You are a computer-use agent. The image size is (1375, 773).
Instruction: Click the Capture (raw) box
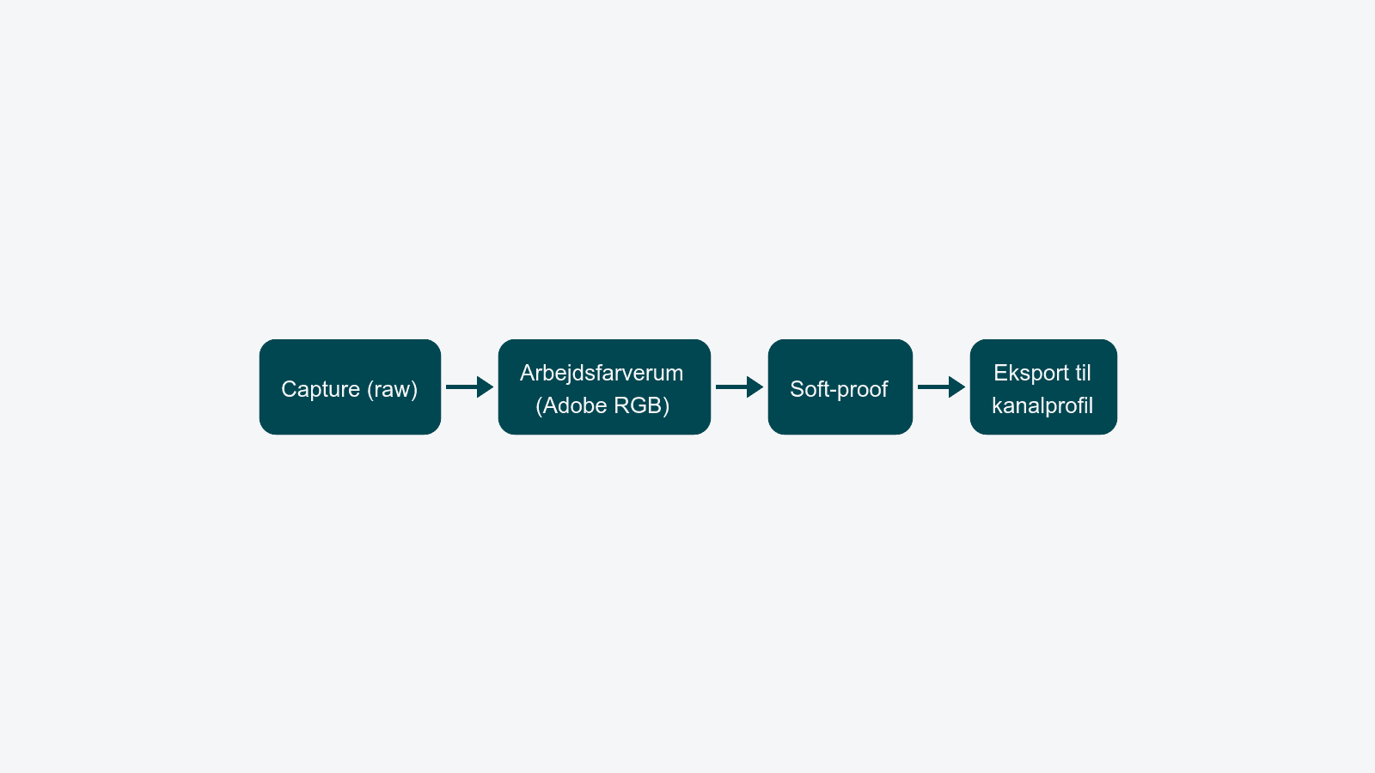(x=350, y=387)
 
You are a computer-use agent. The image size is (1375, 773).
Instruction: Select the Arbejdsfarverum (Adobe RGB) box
(x=604, y=387)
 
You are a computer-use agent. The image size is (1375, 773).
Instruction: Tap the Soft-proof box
(x=840, y=387)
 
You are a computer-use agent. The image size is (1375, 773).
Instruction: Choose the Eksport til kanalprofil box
(x=1043, y=387)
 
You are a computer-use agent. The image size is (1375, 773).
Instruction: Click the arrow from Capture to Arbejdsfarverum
(x=469, y=387)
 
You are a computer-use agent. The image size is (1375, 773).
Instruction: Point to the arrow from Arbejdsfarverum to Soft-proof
(x=739, y=387)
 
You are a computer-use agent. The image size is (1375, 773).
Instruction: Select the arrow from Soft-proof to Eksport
(x=941, y=387)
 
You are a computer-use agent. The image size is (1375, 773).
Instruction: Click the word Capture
(x=321, y=390)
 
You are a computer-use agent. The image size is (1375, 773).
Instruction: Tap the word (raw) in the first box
(x=392, y=390)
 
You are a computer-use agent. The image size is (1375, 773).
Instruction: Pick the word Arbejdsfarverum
(x=602, y=373)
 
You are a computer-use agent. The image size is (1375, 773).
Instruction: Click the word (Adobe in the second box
(x=575, y=405)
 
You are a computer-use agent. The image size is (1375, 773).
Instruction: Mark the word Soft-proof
(x=839, y=390)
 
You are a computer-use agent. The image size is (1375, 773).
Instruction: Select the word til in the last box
(x=1082, y=373)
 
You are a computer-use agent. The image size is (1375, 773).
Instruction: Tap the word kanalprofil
(x=1042, y=405)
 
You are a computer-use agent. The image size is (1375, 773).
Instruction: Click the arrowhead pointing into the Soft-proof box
(x=755, y=387)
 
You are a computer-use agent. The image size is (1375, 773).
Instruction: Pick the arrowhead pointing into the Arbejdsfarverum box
(x=486, y=387)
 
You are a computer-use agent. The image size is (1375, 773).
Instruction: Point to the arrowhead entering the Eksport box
(x=957, y=387)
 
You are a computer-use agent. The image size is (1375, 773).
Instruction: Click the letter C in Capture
(x=289, y=389)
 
